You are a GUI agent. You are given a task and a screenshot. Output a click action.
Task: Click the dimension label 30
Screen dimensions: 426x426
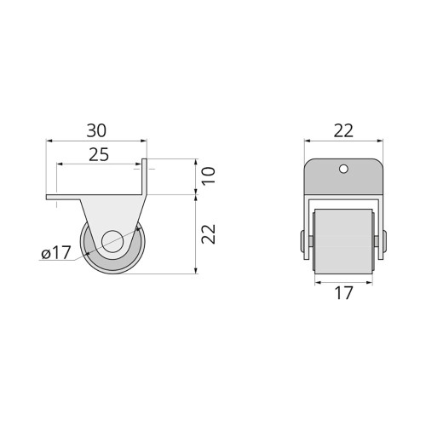pyautogui.click(x=96, y=130)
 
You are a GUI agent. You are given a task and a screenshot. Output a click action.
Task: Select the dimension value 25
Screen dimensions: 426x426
pyautogui.click(x=99, y=155)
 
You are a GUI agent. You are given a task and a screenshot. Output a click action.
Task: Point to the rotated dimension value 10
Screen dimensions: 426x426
pyautogui.click(x=209, y=176)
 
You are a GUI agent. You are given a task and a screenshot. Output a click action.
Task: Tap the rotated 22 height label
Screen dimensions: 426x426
pyautogui.click(x=209, y=234)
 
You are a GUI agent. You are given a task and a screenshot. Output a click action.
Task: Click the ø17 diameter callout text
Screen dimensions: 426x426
pyautogui.click(x=56, y=253)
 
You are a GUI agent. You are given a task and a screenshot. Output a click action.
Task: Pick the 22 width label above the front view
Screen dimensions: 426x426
pyautogui.click(x=343, y=130)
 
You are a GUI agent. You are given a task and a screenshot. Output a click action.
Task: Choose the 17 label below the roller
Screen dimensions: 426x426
pyautogui.click(x=344, y=293)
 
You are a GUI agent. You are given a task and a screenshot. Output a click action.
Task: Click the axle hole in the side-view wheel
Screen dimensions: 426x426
pyautogui.click(x=112, y=241)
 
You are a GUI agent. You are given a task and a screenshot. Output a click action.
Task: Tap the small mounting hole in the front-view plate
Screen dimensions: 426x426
pyautogui.click(x=343, y=169)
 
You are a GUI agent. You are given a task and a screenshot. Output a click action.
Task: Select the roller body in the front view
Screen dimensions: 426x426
pyautogui.click(x=343, y=241)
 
